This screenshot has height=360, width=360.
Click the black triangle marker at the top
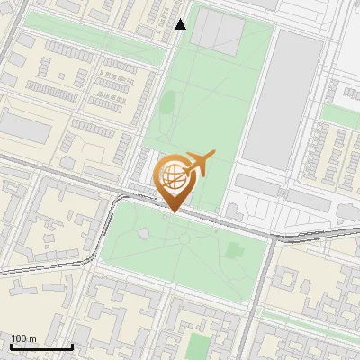tap(181, 24)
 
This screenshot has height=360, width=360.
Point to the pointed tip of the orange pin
tap(172, 212)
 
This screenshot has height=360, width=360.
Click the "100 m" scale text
tap(24, 338)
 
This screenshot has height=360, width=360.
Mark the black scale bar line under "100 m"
tap(41, 346)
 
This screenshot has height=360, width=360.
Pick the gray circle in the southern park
tap(144, 234)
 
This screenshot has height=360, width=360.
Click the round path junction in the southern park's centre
tap(184, 239)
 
